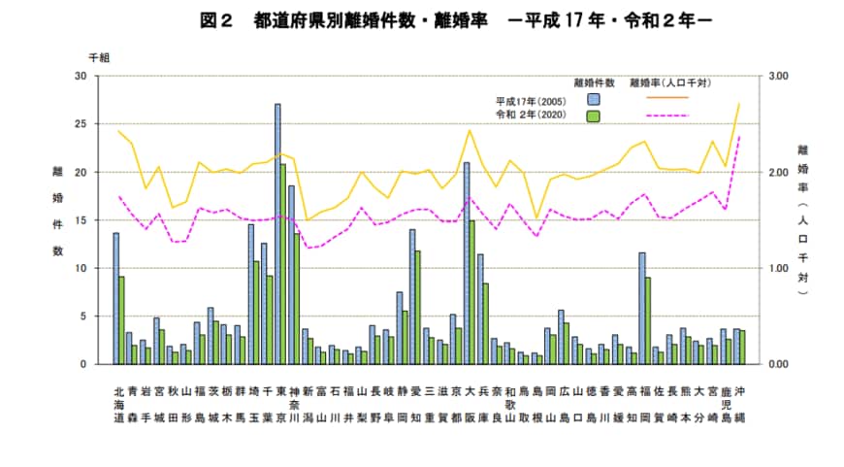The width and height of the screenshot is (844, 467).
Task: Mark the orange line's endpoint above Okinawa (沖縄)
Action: pos(739,103)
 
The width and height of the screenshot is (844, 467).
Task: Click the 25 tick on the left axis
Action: pos(81,124)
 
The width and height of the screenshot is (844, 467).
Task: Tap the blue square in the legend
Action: pos(593,99)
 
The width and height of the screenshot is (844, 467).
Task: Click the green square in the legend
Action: pos(593,116)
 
